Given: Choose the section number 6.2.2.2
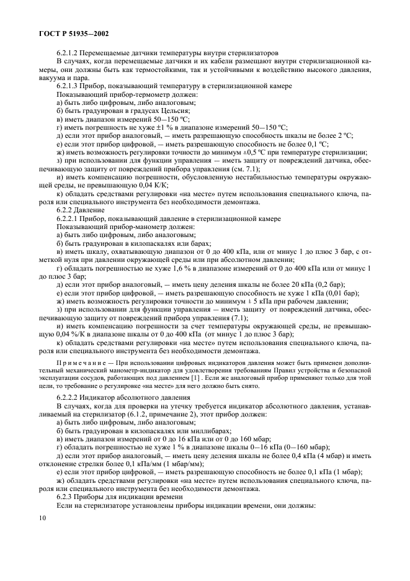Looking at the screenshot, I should coord(73,392).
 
